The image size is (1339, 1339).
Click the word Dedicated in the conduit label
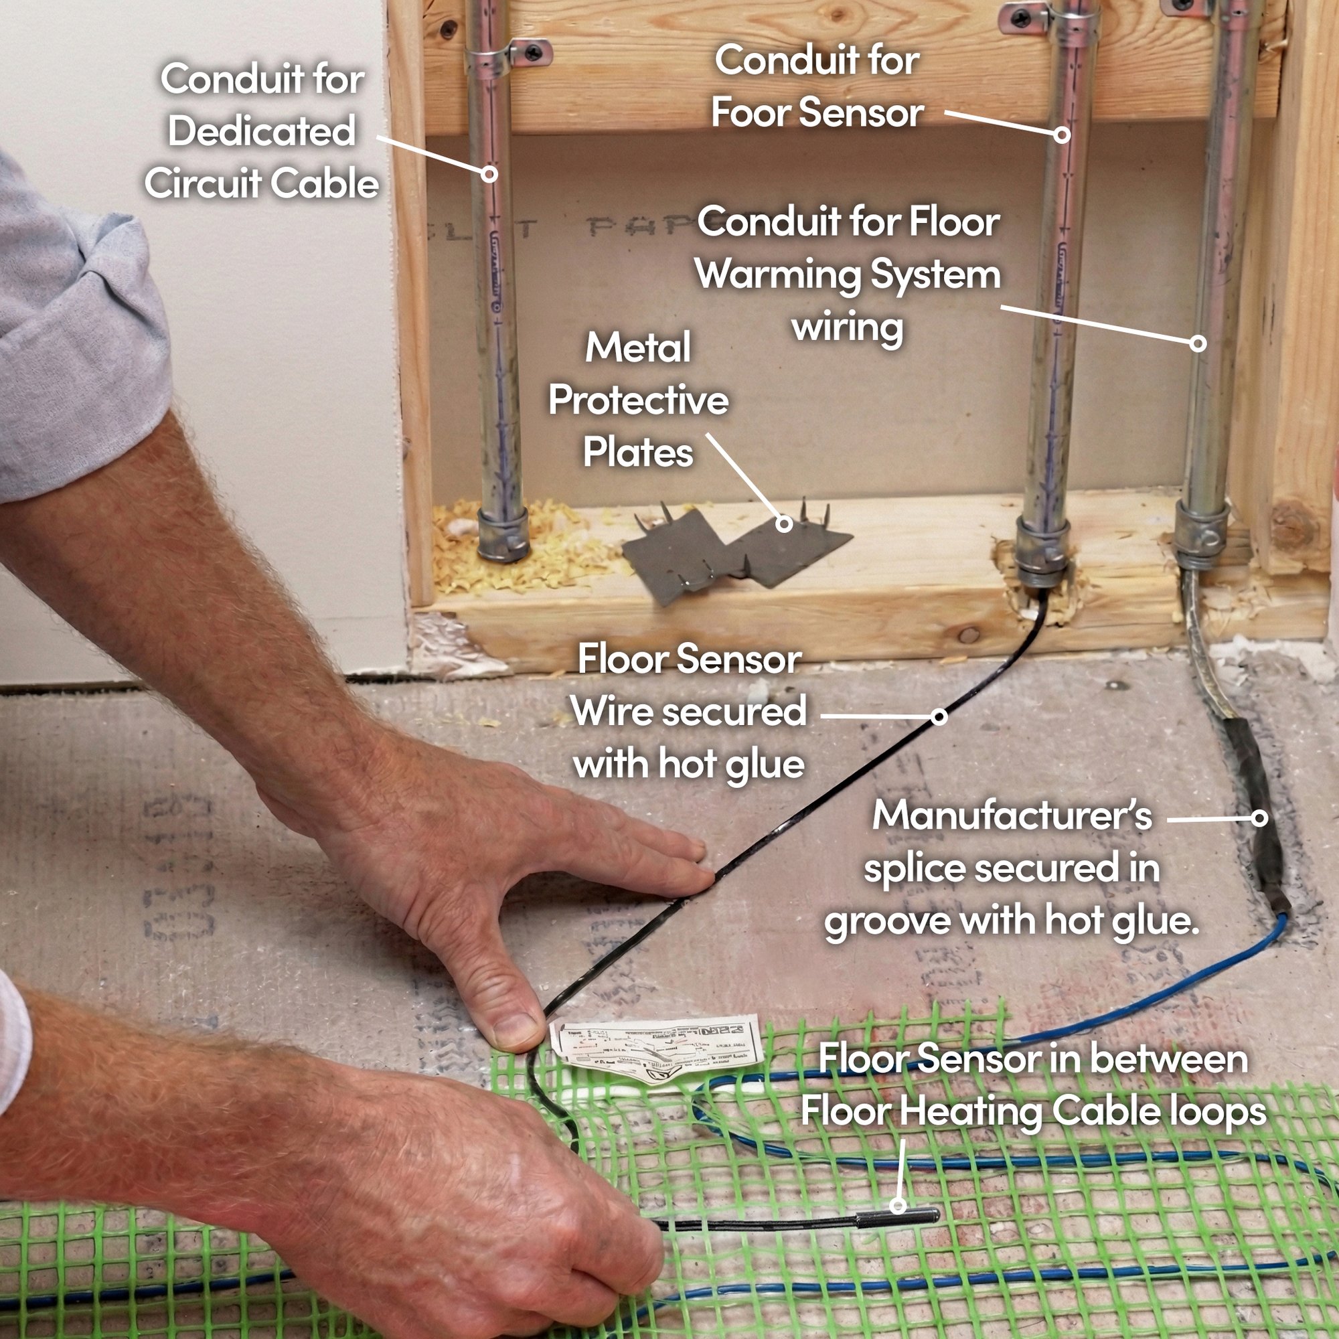[x=262, y=131]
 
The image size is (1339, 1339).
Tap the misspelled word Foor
[x=753, y=113]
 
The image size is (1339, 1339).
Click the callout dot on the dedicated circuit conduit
[x=489, y=173]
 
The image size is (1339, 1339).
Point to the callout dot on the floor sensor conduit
[x=1062, y=135]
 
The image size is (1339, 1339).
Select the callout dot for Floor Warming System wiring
[x=1198, y=342]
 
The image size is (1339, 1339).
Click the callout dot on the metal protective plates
[x=784, y=524]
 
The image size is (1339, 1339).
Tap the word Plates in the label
[x=637, y=453]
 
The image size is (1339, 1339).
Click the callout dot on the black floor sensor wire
[x=939, y=716]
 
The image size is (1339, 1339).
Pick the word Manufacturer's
[x=1011, y=815]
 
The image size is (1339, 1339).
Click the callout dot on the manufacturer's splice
[x=1259, y=818]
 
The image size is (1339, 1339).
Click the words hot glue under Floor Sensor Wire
[x=731, y=765]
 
